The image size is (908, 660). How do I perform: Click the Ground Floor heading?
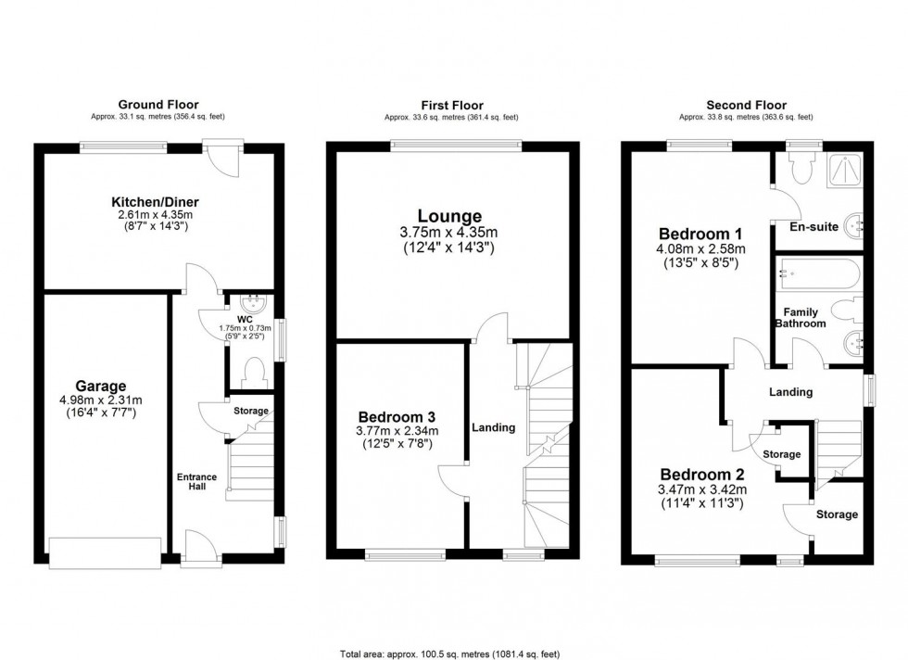click(158, 105)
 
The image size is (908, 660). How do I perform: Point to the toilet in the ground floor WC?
click(250, 373)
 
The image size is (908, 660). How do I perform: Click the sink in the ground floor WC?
click(251, 302)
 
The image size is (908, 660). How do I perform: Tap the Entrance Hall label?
click(196, 483)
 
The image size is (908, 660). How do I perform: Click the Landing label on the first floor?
click(493, 427)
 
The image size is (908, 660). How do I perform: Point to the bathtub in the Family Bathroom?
click(818, 275)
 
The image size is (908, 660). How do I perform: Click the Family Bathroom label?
click(800, 318)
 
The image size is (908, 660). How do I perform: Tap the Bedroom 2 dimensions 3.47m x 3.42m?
click(701, 490)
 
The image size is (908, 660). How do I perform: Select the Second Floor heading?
click(746, 106)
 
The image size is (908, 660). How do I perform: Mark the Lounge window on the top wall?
click(455, 143)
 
